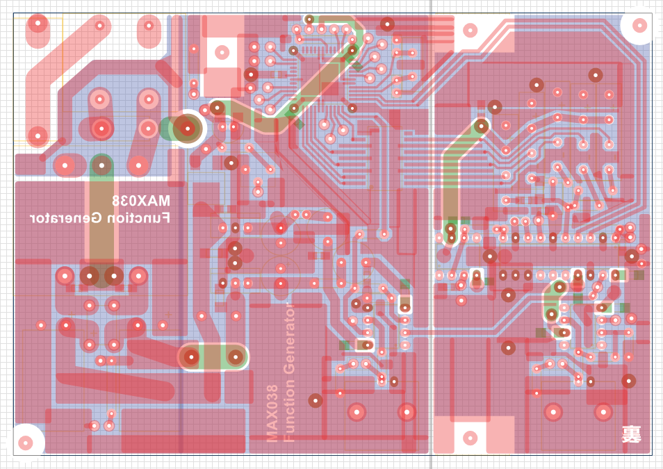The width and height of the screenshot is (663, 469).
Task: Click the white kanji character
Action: click(631, 435)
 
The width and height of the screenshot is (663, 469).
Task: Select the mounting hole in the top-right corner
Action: click(640, 26)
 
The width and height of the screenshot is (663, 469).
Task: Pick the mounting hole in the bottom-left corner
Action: click(26, 442)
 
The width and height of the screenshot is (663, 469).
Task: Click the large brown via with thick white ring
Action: click(187, 128)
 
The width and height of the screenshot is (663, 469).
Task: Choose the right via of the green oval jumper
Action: click(236, 357)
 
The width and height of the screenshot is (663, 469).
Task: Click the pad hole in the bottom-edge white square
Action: click(470, 438)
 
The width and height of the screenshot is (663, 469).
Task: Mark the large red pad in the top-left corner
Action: click(37, 26)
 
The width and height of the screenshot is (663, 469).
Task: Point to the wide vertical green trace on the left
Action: click(101, 215)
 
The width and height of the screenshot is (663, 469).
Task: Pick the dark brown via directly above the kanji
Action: click(629, 381)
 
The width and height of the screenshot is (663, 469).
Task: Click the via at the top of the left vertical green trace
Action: click(101, 165)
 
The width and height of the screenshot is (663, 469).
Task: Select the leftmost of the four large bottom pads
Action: click(357, 412)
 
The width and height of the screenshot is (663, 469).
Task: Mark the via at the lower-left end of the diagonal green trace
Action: click(218, 108)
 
